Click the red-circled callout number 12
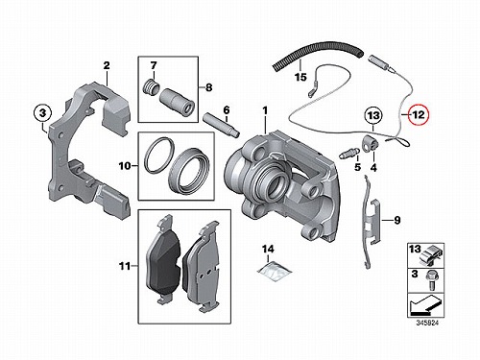click(x=419, y=114)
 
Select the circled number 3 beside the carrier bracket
click(x=43, y=113)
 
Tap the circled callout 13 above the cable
click(x=373, y=115)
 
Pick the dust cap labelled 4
click(x=370, y=142)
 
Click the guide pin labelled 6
click(x=222, y=125)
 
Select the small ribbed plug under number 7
click(x=150, y=87)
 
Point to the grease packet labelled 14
click(x=275, y=271)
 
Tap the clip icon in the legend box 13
click(x=430, y=254)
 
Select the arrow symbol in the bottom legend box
click(x=425, y=305)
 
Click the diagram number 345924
click(x=427, y=323)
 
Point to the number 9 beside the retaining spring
click(x=396, y=220)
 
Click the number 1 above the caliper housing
click(x=265, y=111)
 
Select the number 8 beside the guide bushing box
click(x=208, y=87)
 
